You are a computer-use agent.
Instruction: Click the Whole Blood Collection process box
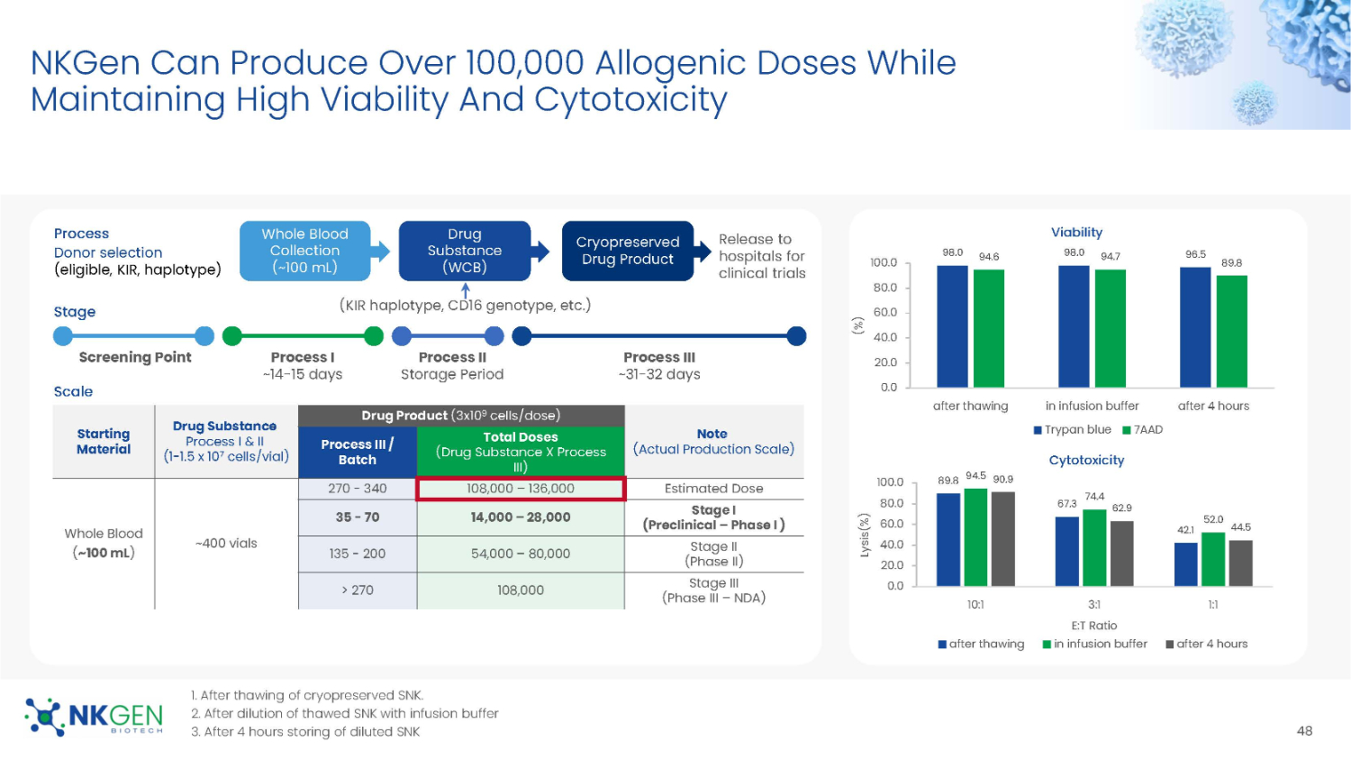click(x=304, y=251)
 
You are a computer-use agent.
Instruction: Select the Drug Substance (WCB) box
click(x=465, y=251)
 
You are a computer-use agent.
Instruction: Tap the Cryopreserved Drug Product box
click(x=627, y=251)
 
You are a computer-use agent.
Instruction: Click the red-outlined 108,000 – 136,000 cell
click(x=521, y=489)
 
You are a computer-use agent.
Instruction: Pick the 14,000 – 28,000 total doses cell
click(x=521, y=517)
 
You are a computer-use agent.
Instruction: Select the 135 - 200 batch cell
click(x=357, y=554)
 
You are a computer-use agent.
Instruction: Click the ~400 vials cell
click(x=226, y=544)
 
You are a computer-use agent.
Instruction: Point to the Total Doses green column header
click(x=521, y=452)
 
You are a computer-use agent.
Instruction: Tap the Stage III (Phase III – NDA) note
click(x=713, y=591)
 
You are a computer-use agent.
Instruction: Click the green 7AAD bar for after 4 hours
click(x=1231, y=332)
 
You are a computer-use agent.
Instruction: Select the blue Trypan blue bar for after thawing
click(x=952, y=326)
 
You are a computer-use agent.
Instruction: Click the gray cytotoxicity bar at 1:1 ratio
click(x=1240, y=563)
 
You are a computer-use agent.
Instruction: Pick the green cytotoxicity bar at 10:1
click(x=975, y=537)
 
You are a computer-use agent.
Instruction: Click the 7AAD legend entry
click(x=1143, y=430)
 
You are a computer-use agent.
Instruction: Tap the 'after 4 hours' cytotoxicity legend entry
click(x=1207, y=644)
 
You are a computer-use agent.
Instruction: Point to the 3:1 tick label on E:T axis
click(x=1094, y=604)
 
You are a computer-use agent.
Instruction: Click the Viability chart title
click(x=1076, y=233)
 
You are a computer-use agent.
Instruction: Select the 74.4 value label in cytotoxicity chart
click(x=1094, y=497)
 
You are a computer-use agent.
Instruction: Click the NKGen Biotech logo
click(x=94, y=717)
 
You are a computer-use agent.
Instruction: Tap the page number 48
click(x=1304, y=731)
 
